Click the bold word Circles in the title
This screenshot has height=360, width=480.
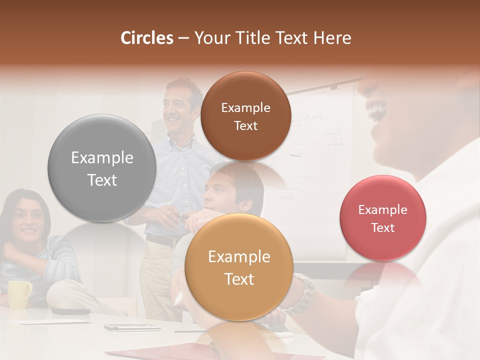(146, 38)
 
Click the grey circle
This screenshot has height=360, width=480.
(102, 168)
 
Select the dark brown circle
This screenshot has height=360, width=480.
(245, 116)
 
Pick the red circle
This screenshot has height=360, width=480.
(382, 218)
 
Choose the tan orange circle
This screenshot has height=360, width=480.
(238, 267)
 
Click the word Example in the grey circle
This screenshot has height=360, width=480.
(102, 158)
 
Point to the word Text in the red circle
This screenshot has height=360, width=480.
(382, 228)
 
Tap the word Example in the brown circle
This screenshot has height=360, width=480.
(245, 107)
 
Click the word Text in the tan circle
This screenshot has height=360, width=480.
(238, 279)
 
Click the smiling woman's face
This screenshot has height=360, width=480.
(28, 220)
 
